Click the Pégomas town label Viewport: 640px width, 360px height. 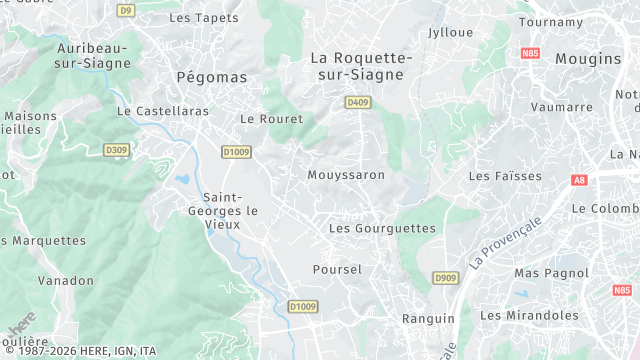(x=211, y=76)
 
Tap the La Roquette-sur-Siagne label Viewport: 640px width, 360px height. (x=361, y=66)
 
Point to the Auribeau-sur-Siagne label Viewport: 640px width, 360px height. (x=94, y=55)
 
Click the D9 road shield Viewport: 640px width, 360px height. (x=125, y=10)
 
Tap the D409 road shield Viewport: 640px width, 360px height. (x=357, y=102)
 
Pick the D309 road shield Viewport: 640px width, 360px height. (x=116, y=150)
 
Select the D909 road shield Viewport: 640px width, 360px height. (x=445, y=277)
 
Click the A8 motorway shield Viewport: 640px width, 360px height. (x=579, y=180)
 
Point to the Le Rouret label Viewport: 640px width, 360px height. (x=265, y=118)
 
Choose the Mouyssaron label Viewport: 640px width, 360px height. (x=346, y=175)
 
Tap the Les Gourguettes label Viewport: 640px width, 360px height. (x=383, y=228)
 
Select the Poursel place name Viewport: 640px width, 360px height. (x=337, y=270)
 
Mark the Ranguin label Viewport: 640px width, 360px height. (x=428, y=318)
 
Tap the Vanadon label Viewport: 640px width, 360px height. (x=66, y=281)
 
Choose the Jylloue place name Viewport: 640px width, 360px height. (x=450, y=32)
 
